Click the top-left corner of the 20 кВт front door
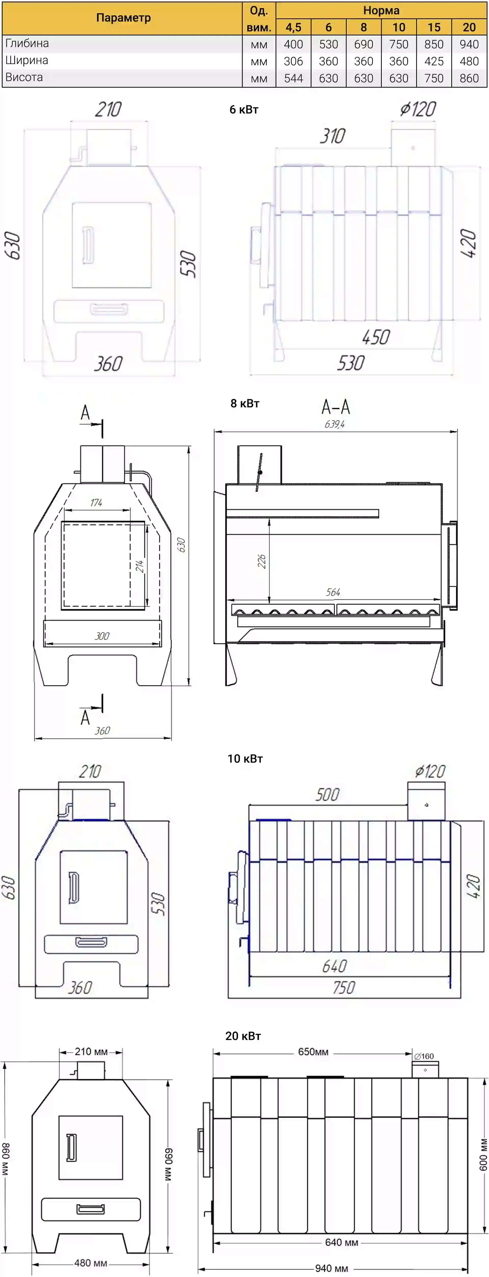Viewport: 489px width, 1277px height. click(59, 1116)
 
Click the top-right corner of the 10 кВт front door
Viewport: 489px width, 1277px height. click(127, 851)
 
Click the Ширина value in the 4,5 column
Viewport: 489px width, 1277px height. click(293, 61)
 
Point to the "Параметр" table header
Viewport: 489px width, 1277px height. click(123, 18)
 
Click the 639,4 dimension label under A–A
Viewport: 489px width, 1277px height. click(334, 424)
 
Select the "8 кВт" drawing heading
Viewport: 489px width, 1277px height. click(245, 403)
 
